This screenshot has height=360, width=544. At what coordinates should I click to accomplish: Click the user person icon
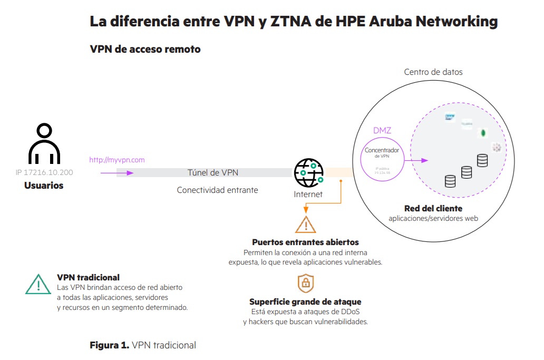tap(44, 144)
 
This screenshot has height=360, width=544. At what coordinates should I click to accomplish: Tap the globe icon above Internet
tap(308, 172)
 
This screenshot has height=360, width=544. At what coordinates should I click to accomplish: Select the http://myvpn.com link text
tap(116, 160)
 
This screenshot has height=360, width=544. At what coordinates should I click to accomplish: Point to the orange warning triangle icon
tap(305, 225)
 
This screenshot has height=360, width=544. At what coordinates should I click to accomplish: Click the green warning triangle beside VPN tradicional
tap(38, 284)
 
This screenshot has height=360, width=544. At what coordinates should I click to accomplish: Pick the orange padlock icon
tap(305, 283)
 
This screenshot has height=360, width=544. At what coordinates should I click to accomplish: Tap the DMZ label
tap(382, 130)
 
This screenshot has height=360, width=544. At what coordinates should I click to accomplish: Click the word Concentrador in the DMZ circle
tap(382, 150)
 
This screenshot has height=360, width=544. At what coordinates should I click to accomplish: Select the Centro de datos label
tap(433, 72)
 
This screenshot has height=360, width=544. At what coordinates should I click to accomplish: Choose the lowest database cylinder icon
tap(450, 181)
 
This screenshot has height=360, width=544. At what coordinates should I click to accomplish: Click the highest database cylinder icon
tap(482, 160)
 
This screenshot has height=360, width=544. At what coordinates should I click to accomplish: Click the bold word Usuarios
tap(44, 186)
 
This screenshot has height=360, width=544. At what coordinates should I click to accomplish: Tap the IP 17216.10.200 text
tap(44, 172)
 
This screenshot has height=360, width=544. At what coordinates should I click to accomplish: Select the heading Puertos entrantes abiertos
tap(305, 242)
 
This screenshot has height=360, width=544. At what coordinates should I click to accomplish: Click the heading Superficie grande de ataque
tap(305, 302)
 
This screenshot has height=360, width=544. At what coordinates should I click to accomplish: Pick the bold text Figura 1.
tap(109, 345)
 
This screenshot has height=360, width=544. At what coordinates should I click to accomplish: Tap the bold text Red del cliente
tap(433, 208)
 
